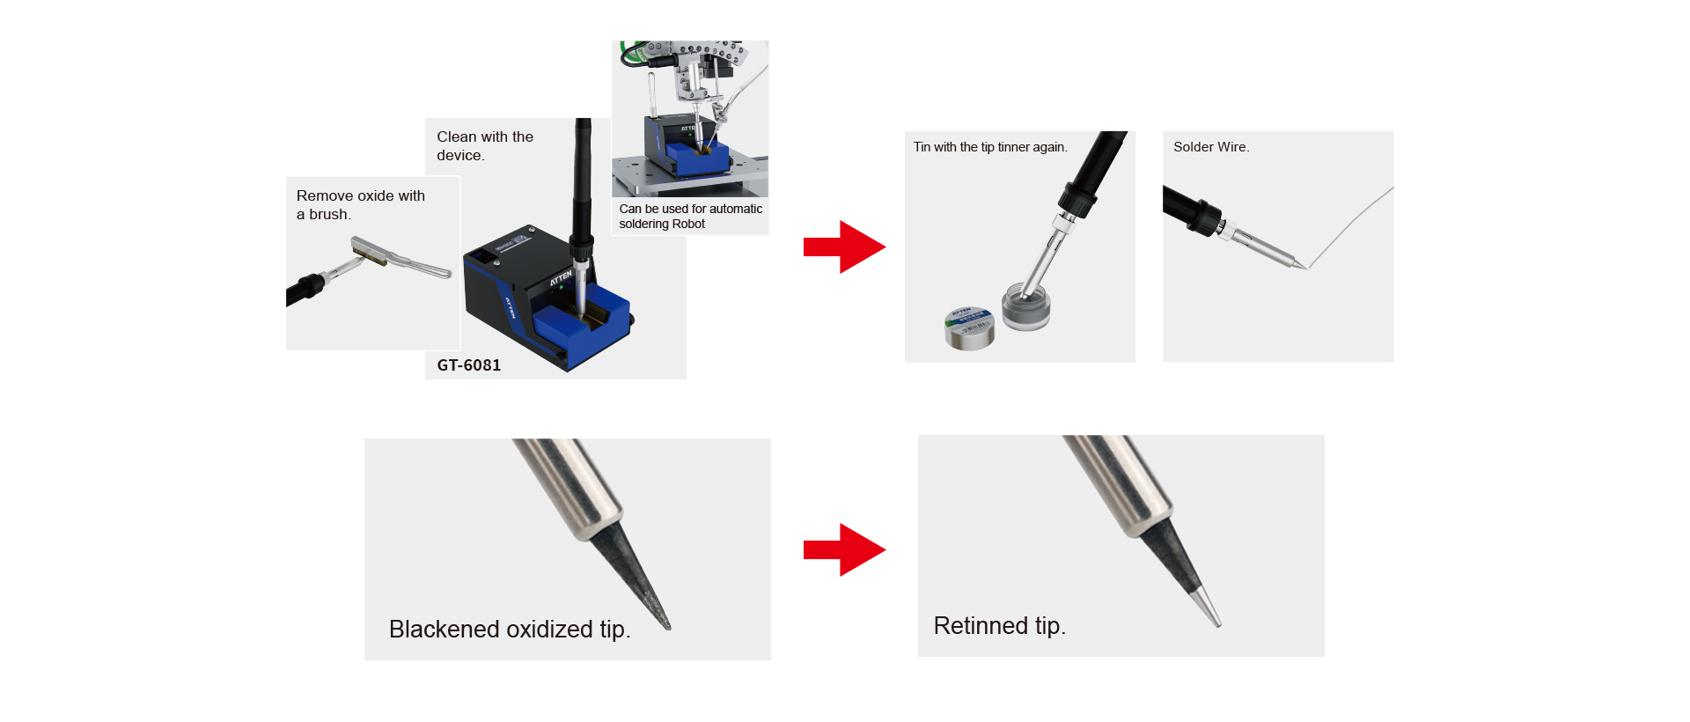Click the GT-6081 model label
point(468,365)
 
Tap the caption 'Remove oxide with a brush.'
point(361,205)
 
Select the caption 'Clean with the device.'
point(485,146)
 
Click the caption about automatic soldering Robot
point(690,217)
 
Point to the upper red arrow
point(844,247)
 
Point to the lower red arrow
point(844,550)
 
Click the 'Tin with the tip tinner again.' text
point(990,147)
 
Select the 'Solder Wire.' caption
point(1211,147)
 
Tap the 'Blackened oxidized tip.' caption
point(510,630)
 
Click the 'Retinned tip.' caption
point(999,626)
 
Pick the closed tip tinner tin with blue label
point(969,328)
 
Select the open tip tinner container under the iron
point(1026,306)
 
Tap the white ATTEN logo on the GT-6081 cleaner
point(561,279)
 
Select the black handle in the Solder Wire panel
point(1191,210)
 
